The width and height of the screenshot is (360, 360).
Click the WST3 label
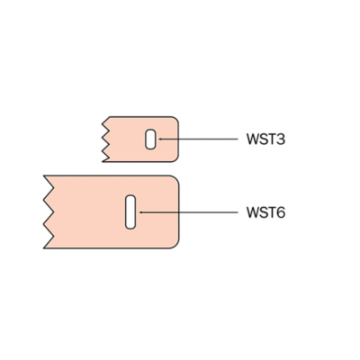click(x=265, y=139)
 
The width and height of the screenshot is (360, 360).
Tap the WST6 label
click(x=265, y=212)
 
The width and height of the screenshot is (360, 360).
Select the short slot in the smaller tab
click(x=150, y=139)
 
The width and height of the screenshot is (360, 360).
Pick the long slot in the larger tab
click(x=130, y=212)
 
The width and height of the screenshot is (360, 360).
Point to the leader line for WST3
click(x=198, y=139)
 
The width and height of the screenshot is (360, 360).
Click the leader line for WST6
click(x=188, y=212)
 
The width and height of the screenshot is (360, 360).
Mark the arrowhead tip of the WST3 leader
click(x=158, y=139)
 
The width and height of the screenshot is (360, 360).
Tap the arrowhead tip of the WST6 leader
click(x=139, y=212)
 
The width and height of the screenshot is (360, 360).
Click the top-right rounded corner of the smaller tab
click(x=176, y=119)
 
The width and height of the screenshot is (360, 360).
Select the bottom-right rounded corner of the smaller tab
click(x=176, y=159)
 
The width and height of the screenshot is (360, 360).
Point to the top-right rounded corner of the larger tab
click(x=175, y=179)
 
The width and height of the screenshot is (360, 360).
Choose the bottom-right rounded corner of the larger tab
click(x=175, y=245)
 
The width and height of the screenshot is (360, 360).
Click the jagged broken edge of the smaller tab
click(x=106, y=139)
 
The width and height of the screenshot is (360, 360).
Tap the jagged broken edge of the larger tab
click(x=49, y=212)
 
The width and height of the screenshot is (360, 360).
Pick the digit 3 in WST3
click(x=280, y=139)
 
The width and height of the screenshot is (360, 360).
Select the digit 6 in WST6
click(x=280, y=212)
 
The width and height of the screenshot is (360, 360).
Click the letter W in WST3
click(x=252, y=139)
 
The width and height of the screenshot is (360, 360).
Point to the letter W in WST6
click(x=252, y=212)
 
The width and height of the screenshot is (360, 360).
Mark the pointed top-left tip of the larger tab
click(x=44, y=175)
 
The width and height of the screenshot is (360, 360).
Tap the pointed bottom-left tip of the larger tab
click(x=44, y=248)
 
